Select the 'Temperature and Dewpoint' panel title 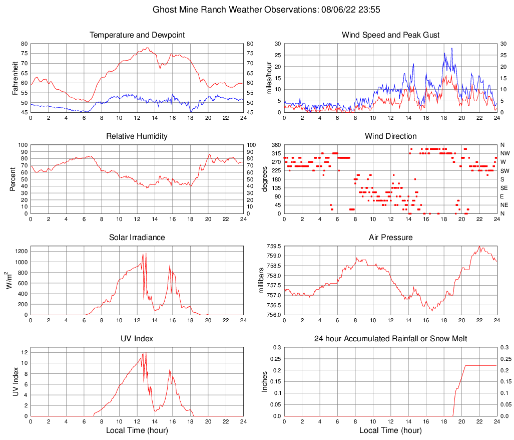click(x=137, y=35)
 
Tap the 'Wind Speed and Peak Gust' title click(x=390, y=35)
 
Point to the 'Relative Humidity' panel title click(x=137, y=136)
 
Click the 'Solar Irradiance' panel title click(x=137, y=238)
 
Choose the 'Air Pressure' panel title click(x=390, y=238)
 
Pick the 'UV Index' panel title click(x=137, y=339)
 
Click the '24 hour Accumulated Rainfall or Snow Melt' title click(x=390, y=339)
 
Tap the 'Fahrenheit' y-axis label click(x=14, y=78)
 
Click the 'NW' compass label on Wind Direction click(x=504, y=153)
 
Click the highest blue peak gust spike click(x=451, y=49)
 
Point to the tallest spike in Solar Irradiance click(x=145, y=253)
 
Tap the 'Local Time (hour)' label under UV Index click(x=137, y=430)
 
